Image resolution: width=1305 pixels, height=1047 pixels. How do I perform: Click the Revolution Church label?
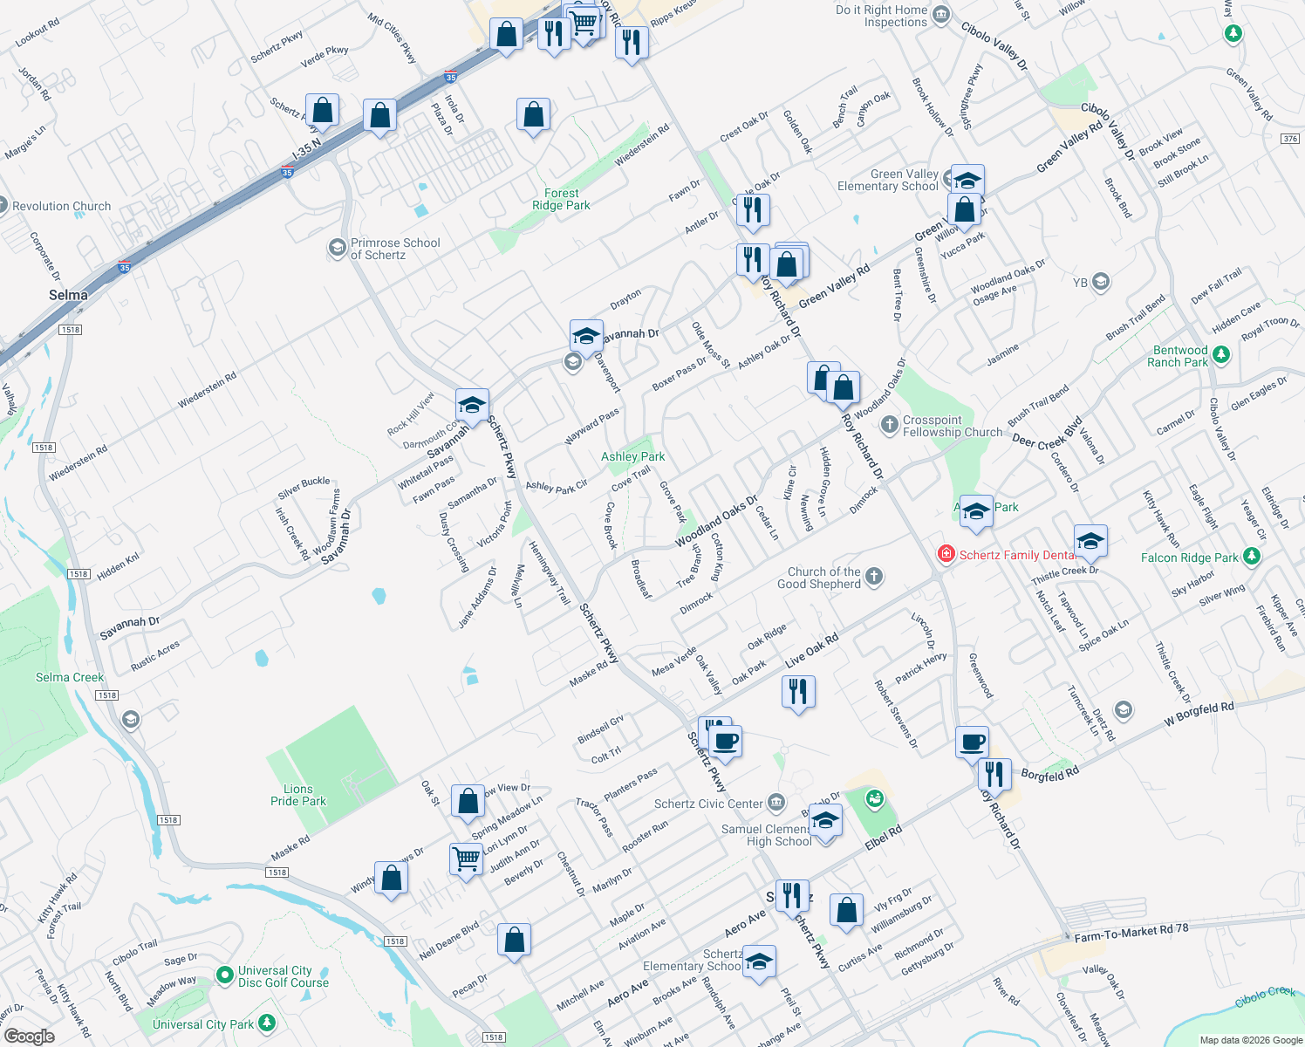click(x=61, y=207)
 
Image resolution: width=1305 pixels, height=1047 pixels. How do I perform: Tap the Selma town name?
click(x=68, y=295)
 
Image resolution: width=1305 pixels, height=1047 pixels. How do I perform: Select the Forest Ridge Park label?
click(x=561, y=200)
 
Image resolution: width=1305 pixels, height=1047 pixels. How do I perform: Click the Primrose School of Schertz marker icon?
click(x=337, y=249)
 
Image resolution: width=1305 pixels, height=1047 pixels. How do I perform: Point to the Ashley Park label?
click(x=632, y=456)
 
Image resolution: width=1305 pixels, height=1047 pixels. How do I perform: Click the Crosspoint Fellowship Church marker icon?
click(x=889, y=425)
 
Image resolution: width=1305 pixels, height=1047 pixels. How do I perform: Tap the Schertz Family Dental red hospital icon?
click(x=946, y=554)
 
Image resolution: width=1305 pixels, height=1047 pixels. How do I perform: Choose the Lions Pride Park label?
click(x=298, y=795)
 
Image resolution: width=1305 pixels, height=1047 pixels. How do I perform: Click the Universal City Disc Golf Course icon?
click(x=224, y=974)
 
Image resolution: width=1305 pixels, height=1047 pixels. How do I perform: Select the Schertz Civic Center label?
click(x=708, y=804)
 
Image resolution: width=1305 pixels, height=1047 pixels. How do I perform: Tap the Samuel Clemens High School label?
click(x=767, y=835)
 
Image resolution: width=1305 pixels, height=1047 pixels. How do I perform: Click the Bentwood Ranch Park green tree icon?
click(x=1221, y=354)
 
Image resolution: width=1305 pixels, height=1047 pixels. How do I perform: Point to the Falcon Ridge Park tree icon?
click(x=1252, y=556)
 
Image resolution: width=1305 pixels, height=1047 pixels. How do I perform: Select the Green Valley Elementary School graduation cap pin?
click(x=967, y=181)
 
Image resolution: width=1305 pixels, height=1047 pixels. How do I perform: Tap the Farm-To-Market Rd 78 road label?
click(x=1131, y=933)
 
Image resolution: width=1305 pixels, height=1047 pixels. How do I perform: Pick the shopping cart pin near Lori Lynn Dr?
click(x=466, y=859)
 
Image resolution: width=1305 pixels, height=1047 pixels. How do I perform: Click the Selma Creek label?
click(x=70, y=677)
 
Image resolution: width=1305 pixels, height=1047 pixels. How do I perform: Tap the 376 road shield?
click(x=1290, y=139)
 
